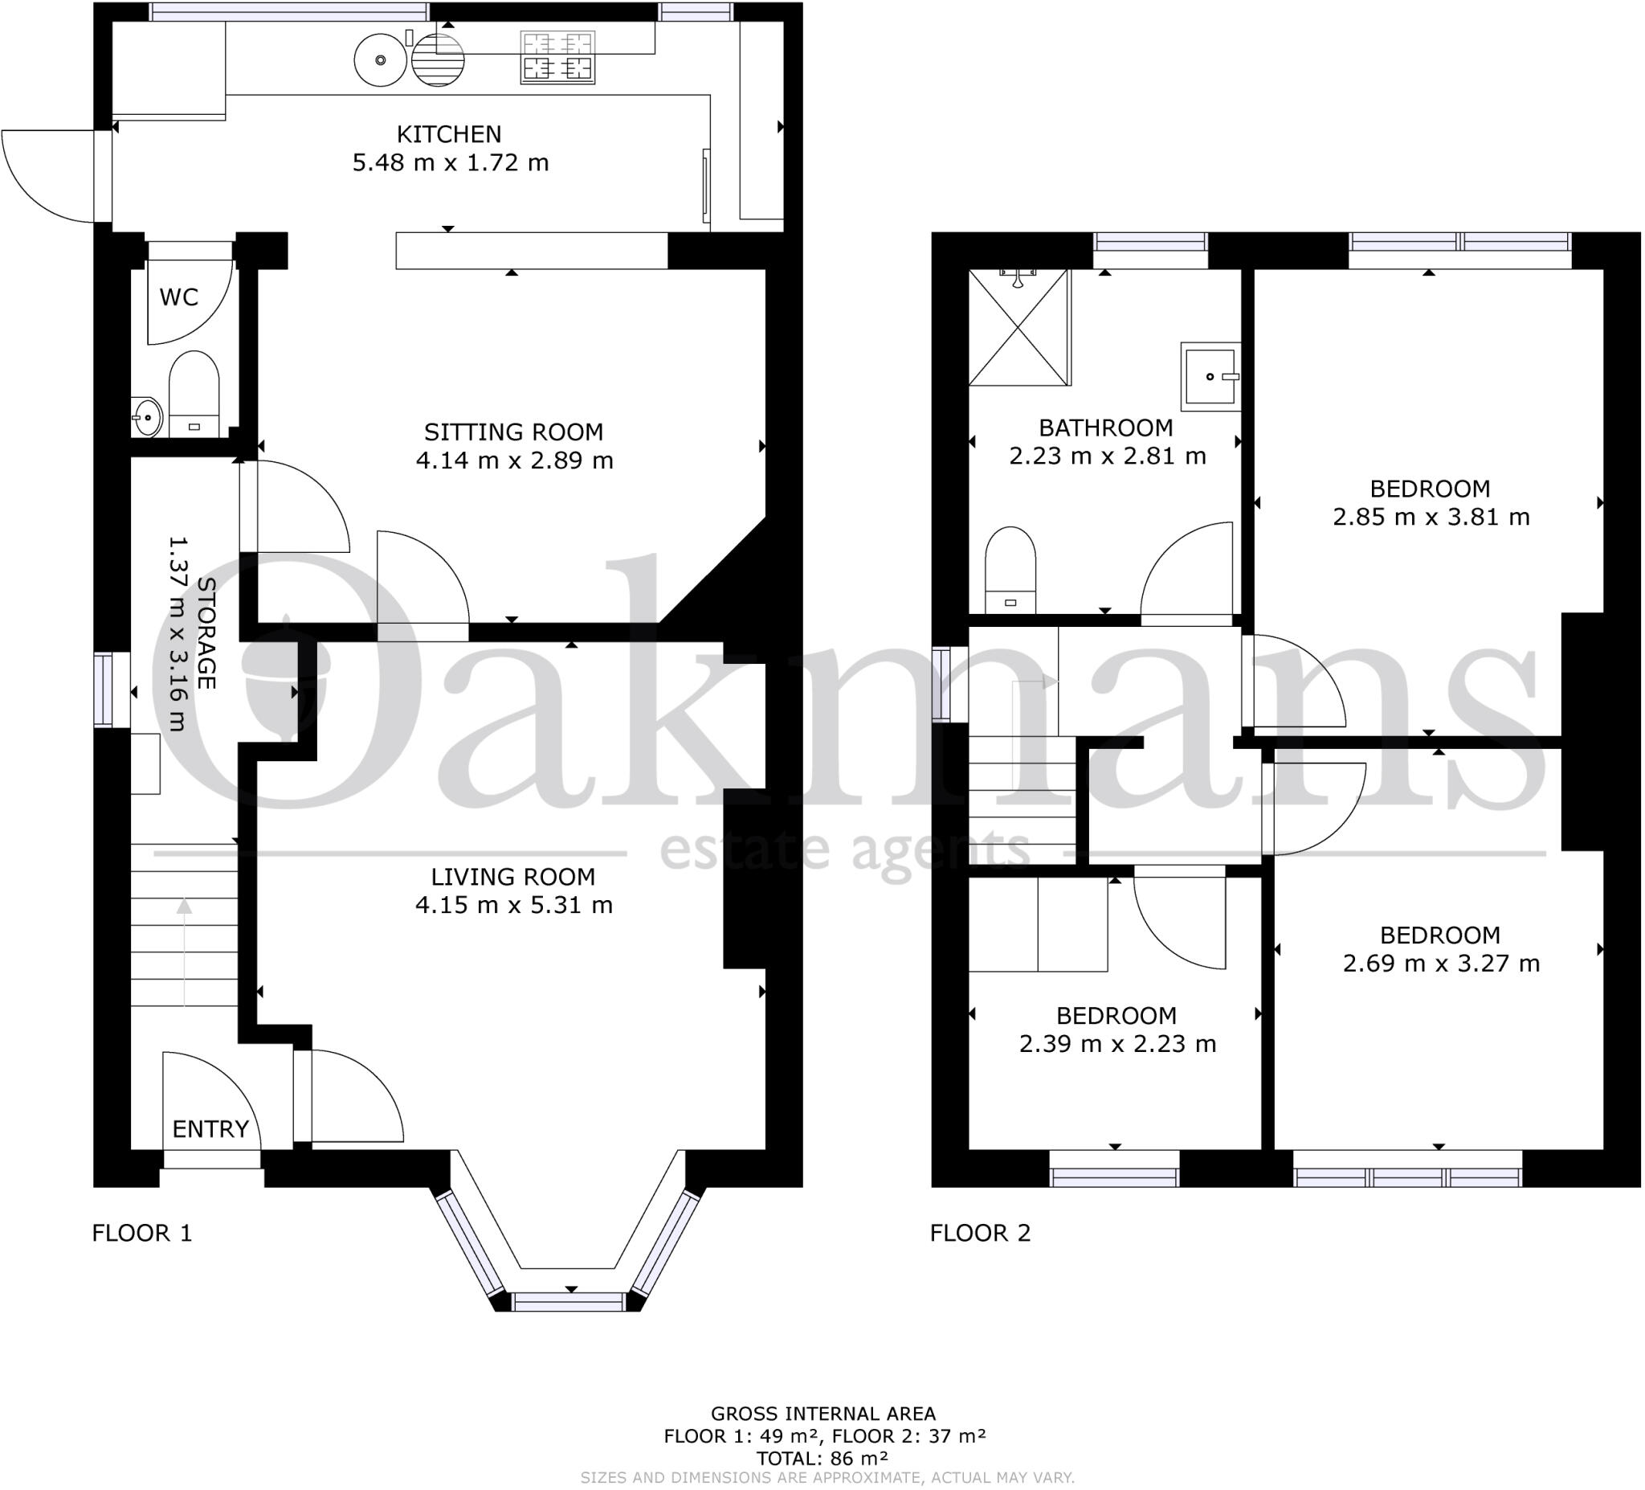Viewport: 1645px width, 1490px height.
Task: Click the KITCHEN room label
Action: (x=449, y=134)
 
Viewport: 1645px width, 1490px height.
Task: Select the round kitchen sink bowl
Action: (x=379, y=59)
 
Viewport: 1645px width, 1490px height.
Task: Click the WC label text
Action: (x=178, y=297)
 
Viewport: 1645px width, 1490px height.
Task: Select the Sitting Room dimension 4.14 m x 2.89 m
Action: (x=514, y=461)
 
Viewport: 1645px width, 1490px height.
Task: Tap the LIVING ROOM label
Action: (x=513, y=877)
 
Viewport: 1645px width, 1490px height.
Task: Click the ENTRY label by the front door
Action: (x=210, y=1129)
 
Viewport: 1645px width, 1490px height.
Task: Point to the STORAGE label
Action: (x=206, y=632)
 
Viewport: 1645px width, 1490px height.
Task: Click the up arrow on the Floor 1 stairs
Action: (x=185, y=907)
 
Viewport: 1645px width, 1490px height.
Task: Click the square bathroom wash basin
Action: (x=1210, y=375)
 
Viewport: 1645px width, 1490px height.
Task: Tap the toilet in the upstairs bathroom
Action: (x=1010, y=567)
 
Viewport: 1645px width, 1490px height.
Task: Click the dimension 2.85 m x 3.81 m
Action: (x=1431, y=517)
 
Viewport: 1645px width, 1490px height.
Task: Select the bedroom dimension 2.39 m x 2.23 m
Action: (x=1117, y=1044)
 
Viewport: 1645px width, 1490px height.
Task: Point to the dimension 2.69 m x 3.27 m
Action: (x=1441, y=964)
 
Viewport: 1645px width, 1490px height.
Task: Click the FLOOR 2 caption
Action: (x=980, y=1233)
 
